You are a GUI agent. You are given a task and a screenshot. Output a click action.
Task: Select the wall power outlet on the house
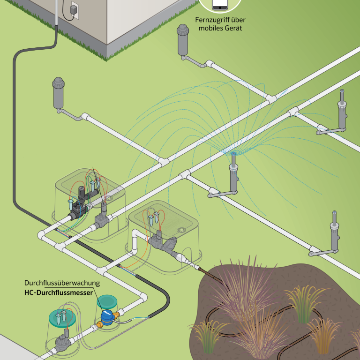tap(73, 10)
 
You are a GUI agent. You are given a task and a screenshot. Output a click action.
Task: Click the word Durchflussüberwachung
tap(62, 283)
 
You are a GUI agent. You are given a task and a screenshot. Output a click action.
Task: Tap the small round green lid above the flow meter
tap(107, 300)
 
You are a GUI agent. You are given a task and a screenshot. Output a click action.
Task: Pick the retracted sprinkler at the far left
tap(59, 91)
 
